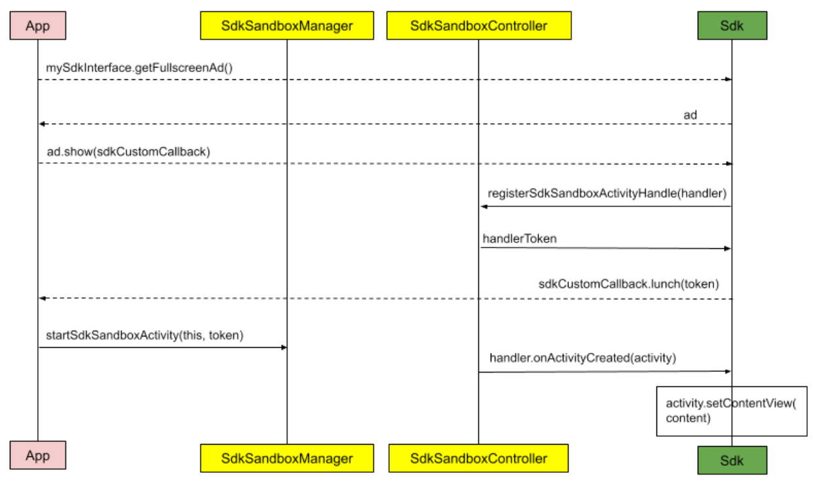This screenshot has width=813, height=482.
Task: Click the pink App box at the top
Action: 37,26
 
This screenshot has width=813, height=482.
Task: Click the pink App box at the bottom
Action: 37,455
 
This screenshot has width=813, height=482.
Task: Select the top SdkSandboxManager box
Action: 287,26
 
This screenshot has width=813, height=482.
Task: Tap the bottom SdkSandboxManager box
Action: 287,458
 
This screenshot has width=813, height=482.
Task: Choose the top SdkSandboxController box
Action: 478,26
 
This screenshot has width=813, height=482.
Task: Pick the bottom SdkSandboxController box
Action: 478,458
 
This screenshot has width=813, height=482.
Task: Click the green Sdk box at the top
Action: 732,26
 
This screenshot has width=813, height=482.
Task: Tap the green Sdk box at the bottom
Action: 732,460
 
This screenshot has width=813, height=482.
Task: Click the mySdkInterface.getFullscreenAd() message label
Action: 140,67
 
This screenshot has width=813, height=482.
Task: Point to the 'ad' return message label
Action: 690,115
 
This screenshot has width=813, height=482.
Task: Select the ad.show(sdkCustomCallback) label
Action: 128,152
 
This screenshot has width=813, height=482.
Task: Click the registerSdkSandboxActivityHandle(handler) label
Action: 607,195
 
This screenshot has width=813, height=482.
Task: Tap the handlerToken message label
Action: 520,239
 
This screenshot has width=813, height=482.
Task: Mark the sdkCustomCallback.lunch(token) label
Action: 629,284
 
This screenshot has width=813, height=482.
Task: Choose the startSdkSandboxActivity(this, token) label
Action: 145,335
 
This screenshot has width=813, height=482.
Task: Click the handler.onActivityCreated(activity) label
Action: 582,358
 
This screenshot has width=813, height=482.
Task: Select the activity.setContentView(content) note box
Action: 731,411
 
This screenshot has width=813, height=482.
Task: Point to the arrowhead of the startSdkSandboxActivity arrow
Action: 284,347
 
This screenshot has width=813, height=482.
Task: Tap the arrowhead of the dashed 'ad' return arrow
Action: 41,124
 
